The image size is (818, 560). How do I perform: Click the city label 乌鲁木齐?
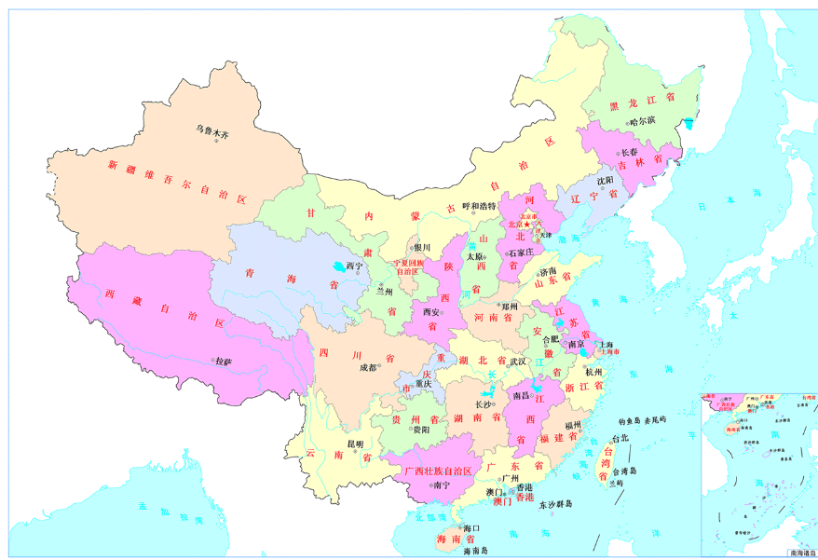[211, 133]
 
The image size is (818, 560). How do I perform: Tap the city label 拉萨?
[223, 361]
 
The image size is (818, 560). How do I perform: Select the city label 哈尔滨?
[642, 120]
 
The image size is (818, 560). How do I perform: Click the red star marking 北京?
[525, 225]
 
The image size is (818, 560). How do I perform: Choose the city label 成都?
[369, 367]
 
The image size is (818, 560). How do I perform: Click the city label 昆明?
[355, 444]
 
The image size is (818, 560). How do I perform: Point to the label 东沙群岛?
[555, 503]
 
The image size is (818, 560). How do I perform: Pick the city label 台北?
[620, 437]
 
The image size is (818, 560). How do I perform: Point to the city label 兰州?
[384, 291]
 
